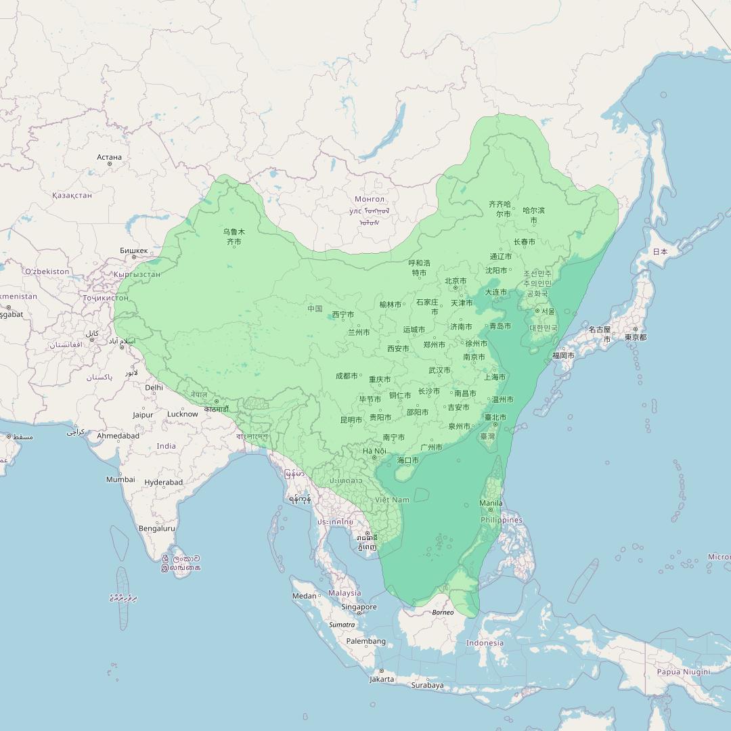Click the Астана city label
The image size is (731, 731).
(x=109, y=157)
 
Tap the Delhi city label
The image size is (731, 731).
(x=154, y=388)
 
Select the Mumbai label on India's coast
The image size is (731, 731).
(x=120, y=479)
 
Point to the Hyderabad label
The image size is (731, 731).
(x=164, y=483)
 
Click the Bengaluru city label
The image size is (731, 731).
(x=156, y=528)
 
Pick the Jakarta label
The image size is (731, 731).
(x=382, y=679)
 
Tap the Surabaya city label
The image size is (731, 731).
(x=427, y=685)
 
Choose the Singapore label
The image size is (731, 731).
(x=359, y=607)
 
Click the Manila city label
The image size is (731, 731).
(x=491, y=503)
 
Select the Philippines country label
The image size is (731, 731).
(x=502, y=520)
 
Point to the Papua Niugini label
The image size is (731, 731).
(x=684, y=671)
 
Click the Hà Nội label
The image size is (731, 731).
(x=374, y=451)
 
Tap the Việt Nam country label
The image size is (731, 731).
(x=392, y=500)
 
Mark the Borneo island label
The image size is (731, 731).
(x=443, y=613)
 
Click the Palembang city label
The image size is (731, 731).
(x=365, y=641)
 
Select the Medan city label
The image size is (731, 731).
(x=304, y=596)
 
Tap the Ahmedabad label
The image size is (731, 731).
(x=118, y=436)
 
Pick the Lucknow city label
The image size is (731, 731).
(x=183, y=414)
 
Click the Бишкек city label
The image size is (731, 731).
(x=133, y=250)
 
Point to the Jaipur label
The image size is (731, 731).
(x=143, y=415)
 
